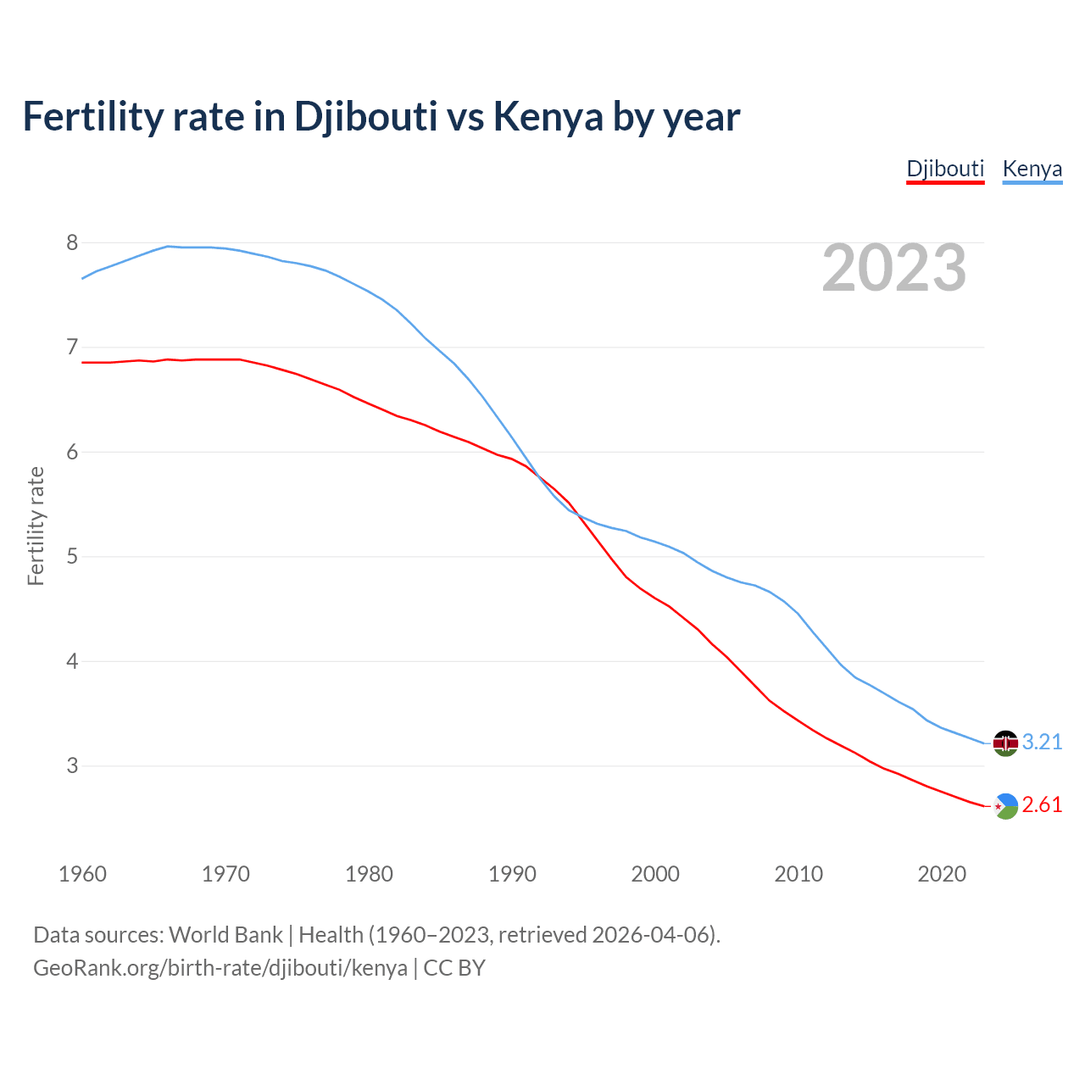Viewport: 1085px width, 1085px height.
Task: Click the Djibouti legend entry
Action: click(x=945, y=169)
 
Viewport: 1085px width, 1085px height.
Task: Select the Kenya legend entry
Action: click(x=1032, y=169)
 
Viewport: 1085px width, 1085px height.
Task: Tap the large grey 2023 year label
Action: click(x=893, y=268)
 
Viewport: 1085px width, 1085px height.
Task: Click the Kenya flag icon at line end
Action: click(x=1004, y=743)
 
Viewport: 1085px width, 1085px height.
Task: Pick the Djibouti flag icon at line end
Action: click(x=1004, y=805)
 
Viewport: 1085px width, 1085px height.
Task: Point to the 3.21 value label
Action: click(x=1042, y=743)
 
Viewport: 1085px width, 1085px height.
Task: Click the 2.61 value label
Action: click(x=1042, y=805)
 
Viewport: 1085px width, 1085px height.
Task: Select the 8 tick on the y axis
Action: click(x=72, y=243)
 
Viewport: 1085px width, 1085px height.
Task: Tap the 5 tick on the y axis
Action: click(x=72, y=557)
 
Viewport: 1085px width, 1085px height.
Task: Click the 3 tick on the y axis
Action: click(x=72, y=766)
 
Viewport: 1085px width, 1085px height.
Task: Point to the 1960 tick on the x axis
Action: click(x=82, y=874)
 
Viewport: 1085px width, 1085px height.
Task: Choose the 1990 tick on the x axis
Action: click(x=512, y=874)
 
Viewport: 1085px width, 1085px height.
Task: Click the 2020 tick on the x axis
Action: click(x=942, y=874)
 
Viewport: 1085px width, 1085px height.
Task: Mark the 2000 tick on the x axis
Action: click(x=655, y=874)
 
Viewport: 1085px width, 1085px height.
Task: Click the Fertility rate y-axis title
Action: click(x=36, y=526)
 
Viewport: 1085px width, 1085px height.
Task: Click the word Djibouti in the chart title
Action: click(x=365, y=117)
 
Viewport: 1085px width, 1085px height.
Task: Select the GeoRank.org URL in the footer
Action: click(x=220, y=968)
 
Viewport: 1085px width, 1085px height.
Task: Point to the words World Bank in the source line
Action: click(x=225, y=935)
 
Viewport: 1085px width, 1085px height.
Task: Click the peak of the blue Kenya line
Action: click(x=168, y=246)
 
